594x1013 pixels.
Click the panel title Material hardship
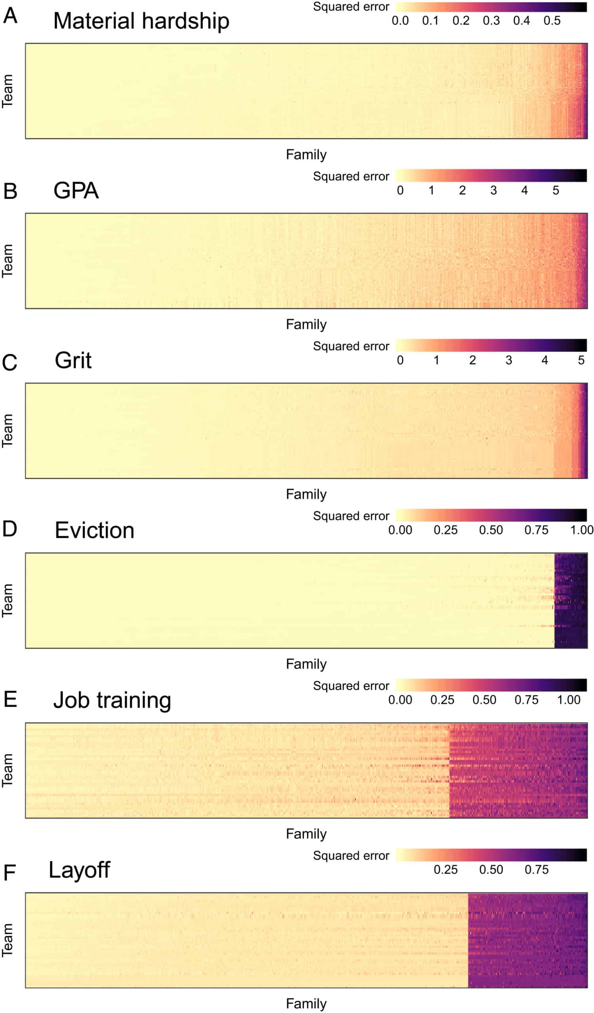coord(141,21)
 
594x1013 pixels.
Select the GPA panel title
coord(76,191)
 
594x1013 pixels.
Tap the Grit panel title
coord(73,360)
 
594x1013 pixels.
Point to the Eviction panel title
coord(95,530)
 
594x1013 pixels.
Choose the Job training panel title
coord(112,700)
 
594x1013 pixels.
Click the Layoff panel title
coord(79,870)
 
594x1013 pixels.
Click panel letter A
coord(10,16)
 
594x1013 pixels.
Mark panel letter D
coord(9,529)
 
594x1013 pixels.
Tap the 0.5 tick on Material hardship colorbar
coord(552,21)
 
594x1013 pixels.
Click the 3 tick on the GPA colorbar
coord(493,191)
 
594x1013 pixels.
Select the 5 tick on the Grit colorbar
coord(581,360)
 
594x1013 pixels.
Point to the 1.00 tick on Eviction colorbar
coord(582,530)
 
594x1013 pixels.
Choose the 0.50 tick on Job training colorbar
coord(484,700)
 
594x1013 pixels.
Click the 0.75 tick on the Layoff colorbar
coord(537,869)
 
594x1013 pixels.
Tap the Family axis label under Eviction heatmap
coord(306,664)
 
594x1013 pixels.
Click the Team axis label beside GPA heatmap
coord(8,261)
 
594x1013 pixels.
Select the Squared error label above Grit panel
coord(351,346)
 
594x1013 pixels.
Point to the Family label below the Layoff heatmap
coord(306,1004)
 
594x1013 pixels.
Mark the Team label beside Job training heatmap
coord(8,770)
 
